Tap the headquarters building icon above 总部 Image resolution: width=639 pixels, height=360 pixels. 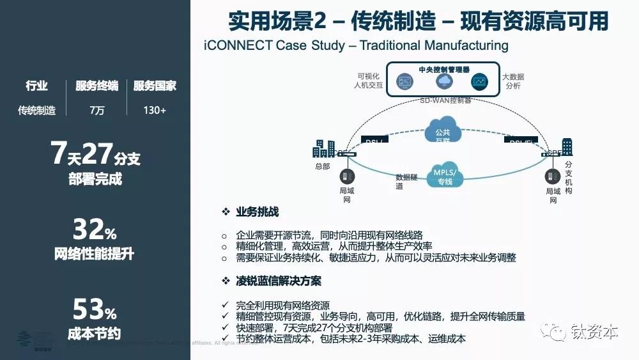(324, 148)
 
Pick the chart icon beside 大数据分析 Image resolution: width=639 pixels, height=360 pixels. (479, 82)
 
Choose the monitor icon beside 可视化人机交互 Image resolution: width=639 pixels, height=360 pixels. (405, 82)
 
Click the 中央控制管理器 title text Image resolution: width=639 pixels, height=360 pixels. (444, 69)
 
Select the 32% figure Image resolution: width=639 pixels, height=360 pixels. (94, 229)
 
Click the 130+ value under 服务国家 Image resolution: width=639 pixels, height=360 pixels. (155, 111)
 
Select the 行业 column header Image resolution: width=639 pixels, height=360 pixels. (36, 86)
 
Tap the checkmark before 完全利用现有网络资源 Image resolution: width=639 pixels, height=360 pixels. (224, 305)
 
